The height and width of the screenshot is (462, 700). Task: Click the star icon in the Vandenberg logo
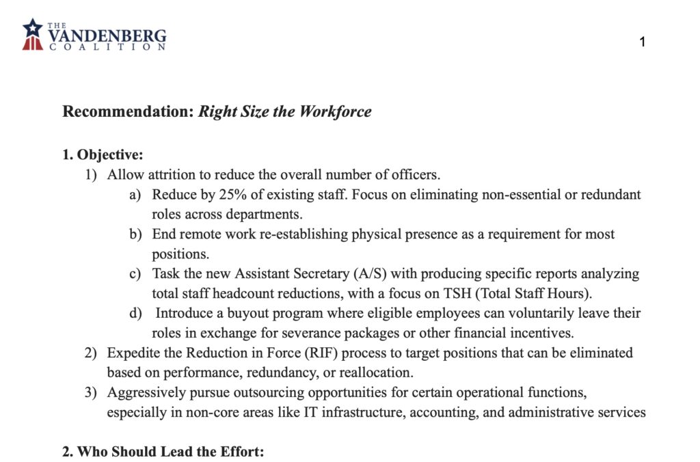tap(32, 28)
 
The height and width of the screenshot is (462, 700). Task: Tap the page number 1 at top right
tap(643, 42)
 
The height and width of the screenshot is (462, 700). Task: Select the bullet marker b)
tap(135, 234)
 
